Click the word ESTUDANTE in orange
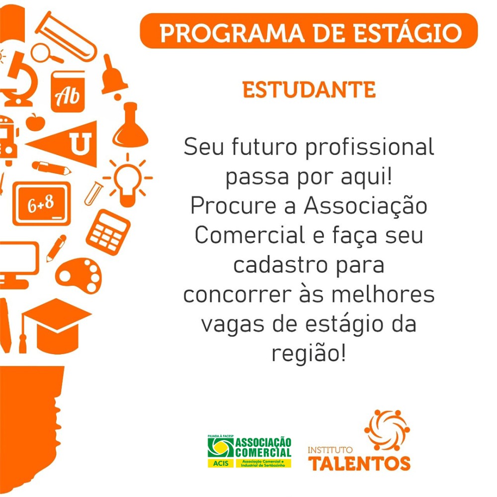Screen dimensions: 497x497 pos(309,89)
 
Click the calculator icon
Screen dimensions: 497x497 pos(108,232)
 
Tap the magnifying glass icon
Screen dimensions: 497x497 pos(46,54)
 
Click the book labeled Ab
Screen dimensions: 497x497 pos(68,92)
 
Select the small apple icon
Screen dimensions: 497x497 pos(35,122)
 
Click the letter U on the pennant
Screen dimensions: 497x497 pos(81,143)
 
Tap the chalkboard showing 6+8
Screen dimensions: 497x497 pos(42,203)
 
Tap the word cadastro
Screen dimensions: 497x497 pos(280,265)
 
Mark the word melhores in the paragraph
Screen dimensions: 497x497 pos(383,294)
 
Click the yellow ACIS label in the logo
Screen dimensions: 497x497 pos(221,463)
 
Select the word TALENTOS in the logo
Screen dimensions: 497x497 pos(359,464)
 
